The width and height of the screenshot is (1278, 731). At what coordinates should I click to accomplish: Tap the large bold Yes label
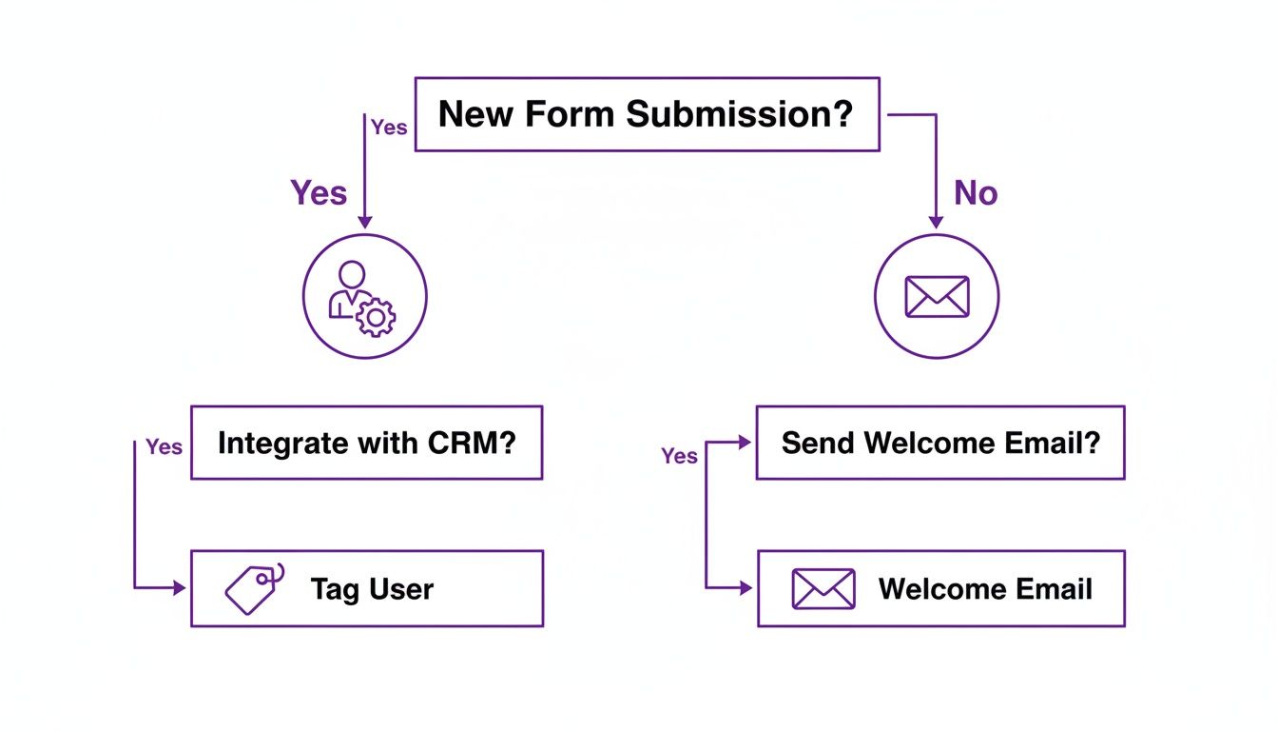pyautogui.click(x=319, y=193)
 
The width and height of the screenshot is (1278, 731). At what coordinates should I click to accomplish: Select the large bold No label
pyautogui.click(x=976, y=193)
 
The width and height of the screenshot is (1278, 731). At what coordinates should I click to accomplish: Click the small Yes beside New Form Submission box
pyautogui.click(x=388, y=128)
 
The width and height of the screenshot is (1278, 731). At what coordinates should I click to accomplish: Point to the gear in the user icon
pyautogui.click(x=375, y=317)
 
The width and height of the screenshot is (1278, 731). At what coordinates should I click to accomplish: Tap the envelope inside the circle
pyautogui.click(x=937, y=297)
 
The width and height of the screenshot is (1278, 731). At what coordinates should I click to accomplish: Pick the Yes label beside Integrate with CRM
pyautogui.click(x=164, y=447)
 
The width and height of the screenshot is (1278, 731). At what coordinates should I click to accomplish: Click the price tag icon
pyautogui.click(x=254, y=587)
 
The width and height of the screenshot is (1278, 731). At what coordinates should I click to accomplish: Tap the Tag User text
pyautogui.click(x=372, y=589)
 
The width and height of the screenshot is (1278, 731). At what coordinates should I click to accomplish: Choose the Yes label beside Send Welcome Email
pyautogui.click(x=679, y=457)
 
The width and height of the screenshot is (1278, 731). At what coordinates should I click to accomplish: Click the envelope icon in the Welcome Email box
pyautogui.click(x=823, y=589)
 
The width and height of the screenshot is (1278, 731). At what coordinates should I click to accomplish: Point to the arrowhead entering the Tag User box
pyautogui.click(x=180, y=588)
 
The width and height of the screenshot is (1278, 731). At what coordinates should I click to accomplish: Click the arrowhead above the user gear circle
pyautogui.click(x=365, y=222)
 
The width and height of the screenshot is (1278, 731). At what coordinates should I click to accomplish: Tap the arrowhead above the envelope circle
pyautogui.click(x=936, y=222)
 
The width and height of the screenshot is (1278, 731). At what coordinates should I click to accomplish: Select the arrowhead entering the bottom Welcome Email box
pyautogui.click(x=746, y=588)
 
